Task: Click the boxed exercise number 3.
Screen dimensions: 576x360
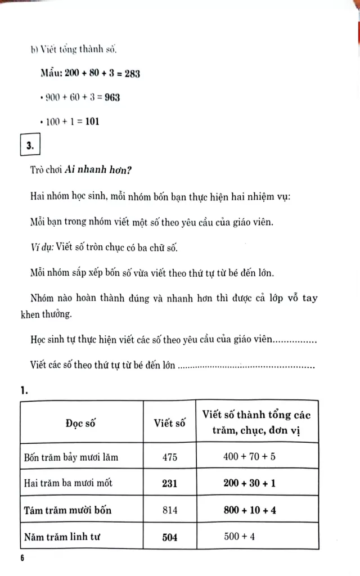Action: (x=30, y=146)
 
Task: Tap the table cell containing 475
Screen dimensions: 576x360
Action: (x=169, y=457)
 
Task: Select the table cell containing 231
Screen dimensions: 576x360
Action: (x=169, y=483)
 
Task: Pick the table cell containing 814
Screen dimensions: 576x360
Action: (x=169, y=510)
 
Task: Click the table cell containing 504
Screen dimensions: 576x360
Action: (x=169, y=537)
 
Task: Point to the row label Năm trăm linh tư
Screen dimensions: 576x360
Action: (x=62, y=537)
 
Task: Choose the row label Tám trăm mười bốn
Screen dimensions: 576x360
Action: (x=67, y=510)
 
